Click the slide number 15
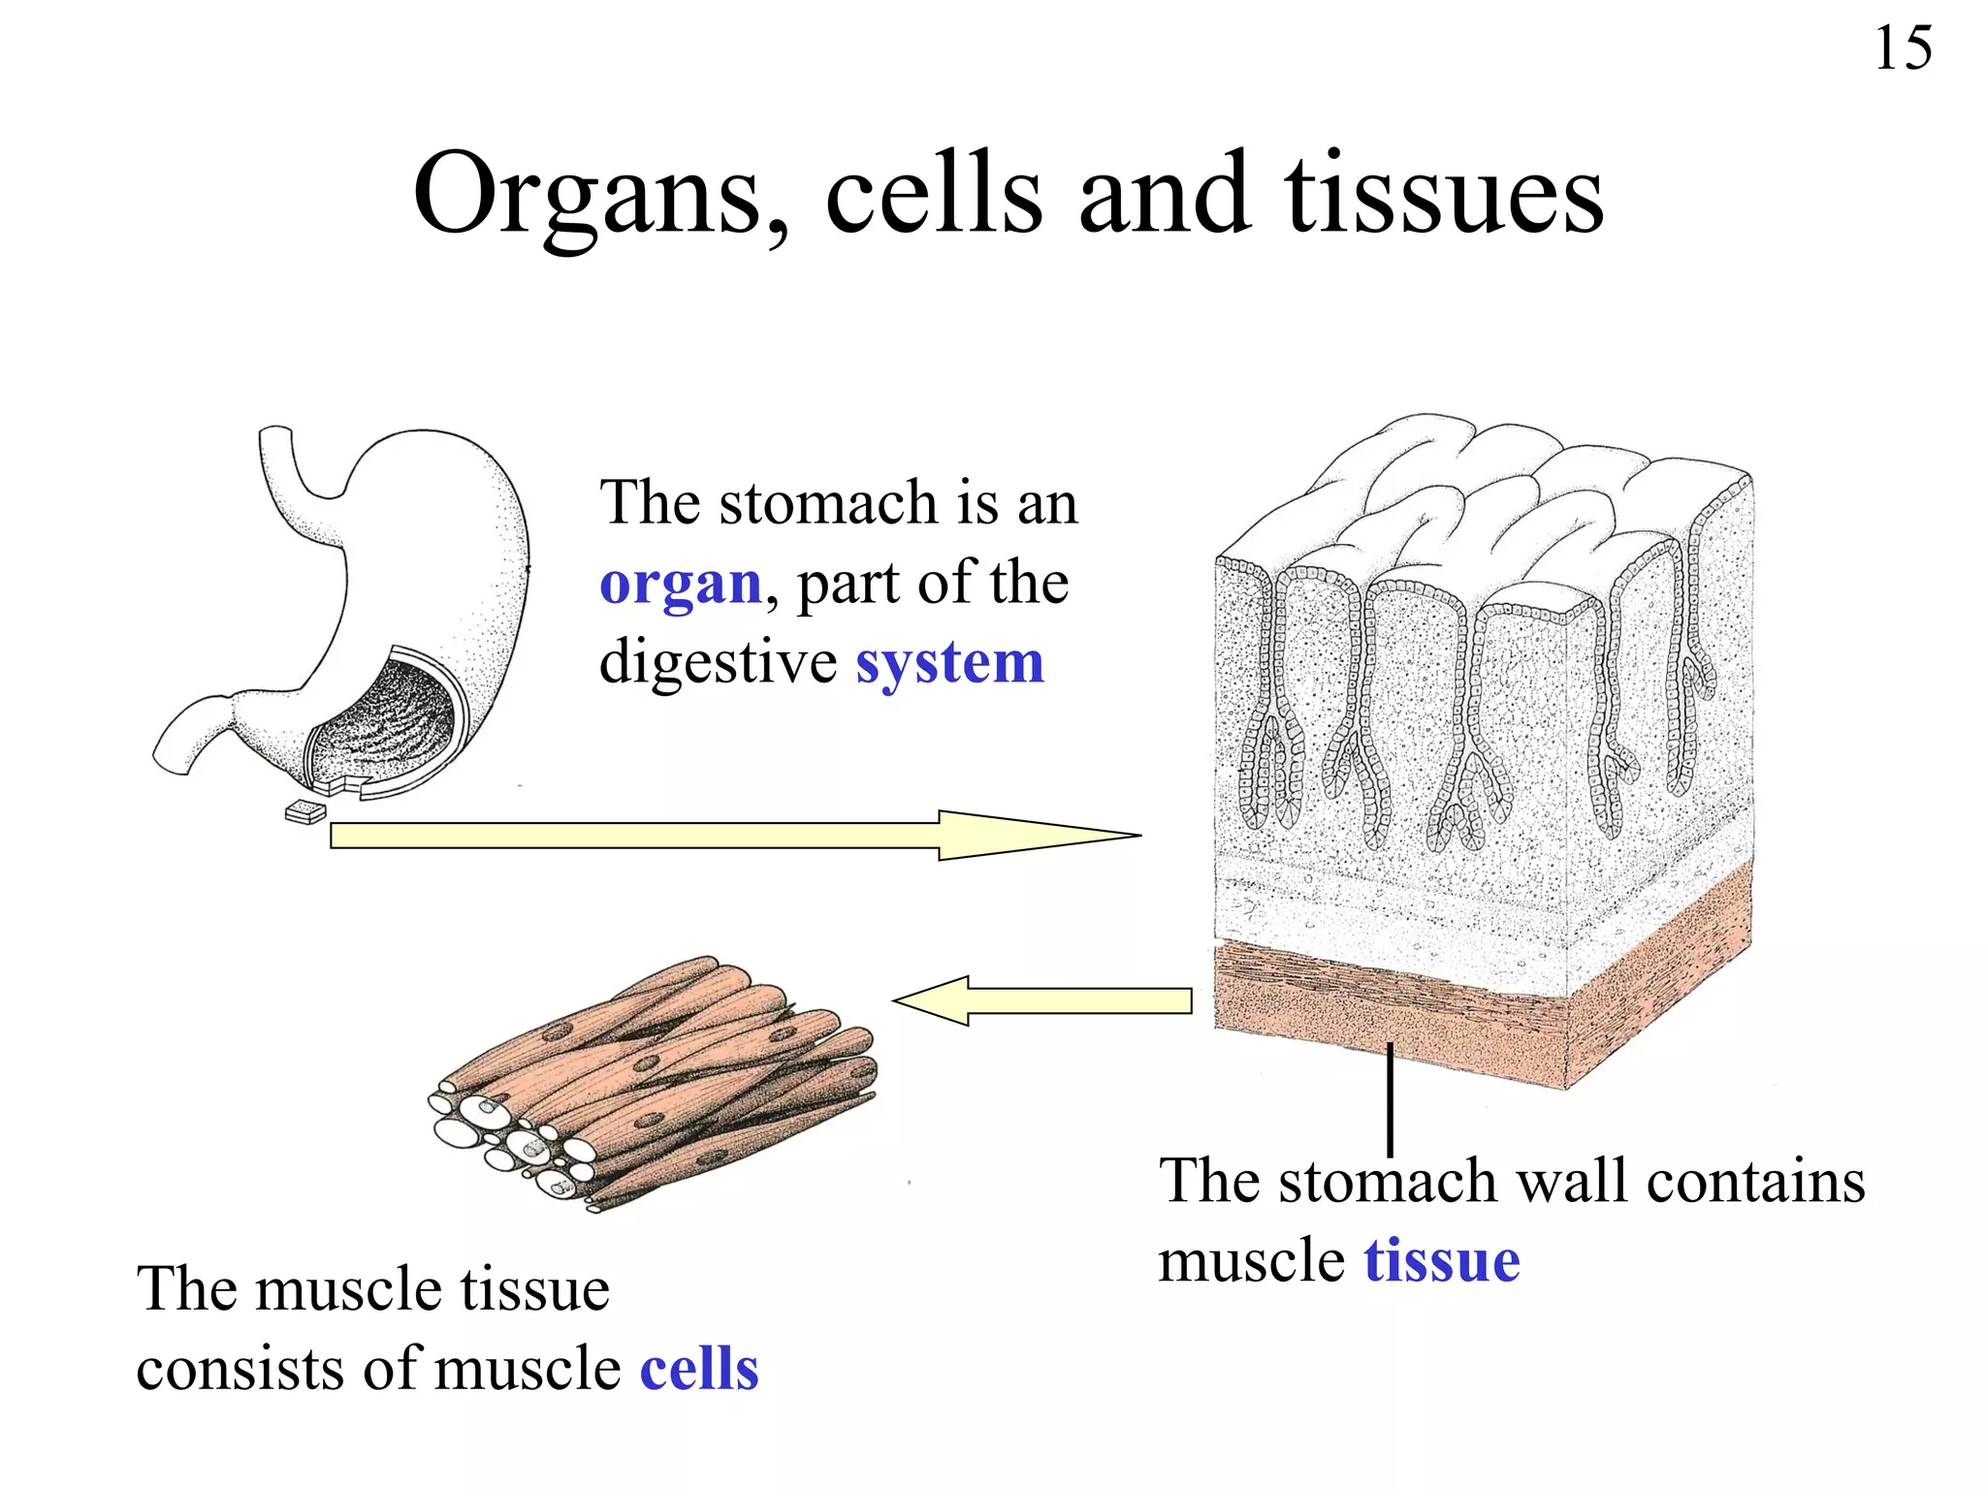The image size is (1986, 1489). click(x=1903, y=48)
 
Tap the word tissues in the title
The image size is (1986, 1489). click(x=1444, y=194)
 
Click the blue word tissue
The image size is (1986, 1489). click(x=1441, y=1261)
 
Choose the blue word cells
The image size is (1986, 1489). click(x=699, y=1369)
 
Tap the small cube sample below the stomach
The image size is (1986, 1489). click(x=305, y=812)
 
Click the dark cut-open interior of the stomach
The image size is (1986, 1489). click(x=388, y=717)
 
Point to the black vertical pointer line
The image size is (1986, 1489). click(x=1390, y=1100)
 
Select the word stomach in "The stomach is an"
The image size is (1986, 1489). click(x=829, y=504)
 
